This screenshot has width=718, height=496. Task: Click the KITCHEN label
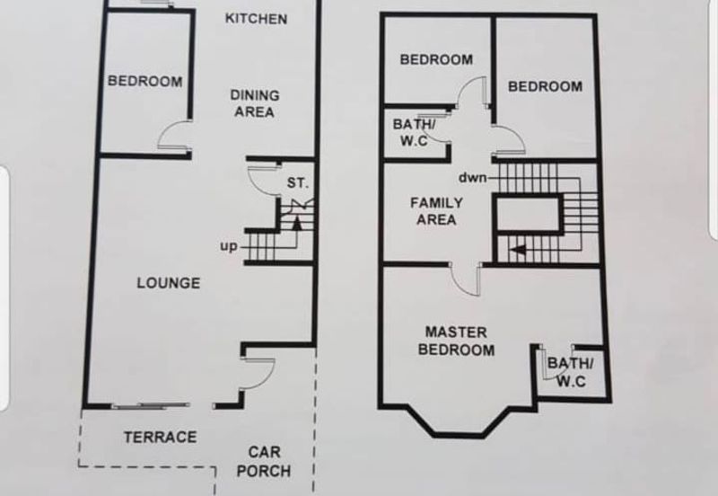(x=256, y=19)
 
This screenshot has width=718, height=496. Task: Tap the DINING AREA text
(x=254, y=103)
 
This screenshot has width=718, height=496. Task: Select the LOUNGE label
(x=169, y=283)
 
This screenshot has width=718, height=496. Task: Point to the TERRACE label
(x=161, y=437)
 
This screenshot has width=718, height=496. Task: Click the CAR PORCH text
(x=264, y=462)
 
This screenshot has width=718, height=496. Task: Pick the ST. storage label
(x=298, y=183)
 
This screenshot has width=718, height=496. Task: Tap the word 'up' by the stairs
(x=229, y=246)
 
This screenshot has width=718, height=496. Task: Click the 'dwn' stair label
(x=473, y=177)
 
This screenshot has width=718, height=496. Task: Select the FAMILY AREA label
(x=436, y=211)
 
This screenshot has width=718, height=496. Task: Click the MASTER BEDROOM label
(x=456, y=341)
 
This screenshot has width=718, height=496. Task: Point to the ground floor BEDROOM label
(x=145, y=81)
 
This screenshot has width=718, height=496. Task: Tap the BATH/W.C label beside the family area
(x=414, y=132)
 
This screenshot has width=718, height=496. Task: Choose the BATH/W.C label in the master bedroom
(x=571, y=372)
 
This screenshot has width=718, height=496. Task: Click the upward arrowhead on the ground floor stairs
(x=297, y=223)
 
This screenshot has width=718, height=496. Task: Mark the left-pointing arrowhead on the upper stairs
(x=518, y=251)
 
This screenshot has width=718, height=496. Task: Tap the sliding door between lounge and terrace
(x=151, y=405)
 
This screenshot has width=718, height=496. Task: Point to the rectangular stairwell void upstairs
(x=528, y=215)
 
